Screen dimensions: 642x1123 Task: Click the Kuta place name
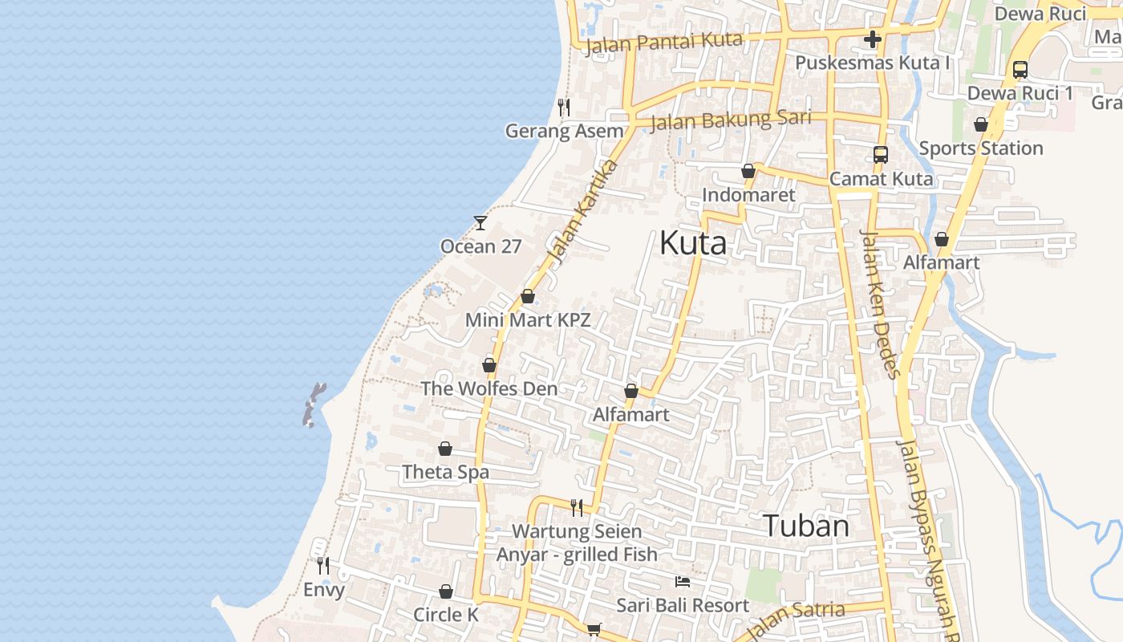693,243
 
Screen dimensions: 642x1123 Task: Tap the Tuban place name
805,526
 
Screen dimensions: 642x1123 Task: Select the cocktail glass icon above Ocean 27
480,222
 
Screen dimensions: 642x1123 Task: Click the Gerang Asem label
564,131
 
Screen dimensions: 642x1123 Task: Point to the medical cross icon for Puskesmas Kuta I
873,39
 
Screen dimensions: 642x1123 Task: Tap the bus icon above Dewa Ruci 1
1020,70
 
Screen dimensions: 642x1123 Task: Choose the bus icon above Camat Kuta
881,155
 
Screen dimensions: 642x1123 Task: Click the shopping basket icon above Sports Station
980,124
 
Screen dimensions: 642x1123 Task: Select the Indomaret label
748,195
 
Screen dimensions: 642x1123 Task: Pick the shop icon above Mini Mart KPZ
528,296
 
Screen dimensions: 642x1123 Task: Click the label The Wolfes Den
489,388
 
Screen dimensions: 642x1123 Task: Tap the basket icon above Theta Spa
445,449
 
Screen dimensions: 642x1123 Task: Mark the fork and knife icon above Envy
322,565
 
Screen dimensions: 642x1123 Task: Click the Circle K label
445,615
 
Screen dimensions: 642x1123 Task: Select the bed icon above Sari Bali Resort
683,581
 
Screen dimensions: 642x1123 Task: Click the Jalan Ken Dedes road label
880,303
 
